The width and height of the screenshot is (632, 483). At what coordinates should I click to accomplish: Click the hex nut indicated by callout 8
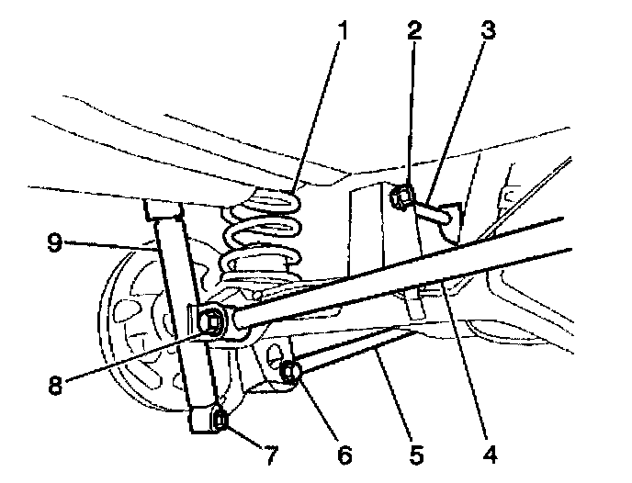[x=210, y=320]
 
